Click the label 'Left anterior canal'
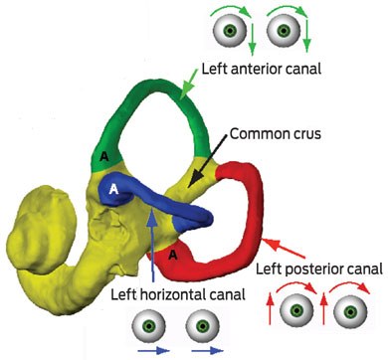(262, 69)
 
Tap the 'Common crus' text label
(276, 134)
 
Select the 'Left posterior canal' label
(319, 269)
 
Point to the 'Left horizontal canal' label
(178, 294)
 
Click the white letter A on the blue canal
(113, 189)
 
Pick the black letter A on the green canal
(104, 157)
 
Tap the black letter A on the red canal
(172, 255)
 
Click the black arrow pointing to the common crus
(208, 160)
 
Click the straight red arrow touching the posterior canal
(284, 248)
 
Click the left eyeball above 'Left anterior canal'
(229, 31)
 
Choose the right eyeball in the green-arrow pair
(284, 31)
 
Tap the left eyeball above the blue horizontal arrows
(149, 326)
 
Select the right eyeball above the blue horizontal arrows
(203, 326)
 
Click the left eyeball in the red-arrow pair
(296, 310)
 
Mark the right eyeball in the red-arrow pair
(350, 311)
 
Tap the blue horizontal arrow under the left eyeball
(153, 350)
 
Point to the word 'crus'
(305, 134)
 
